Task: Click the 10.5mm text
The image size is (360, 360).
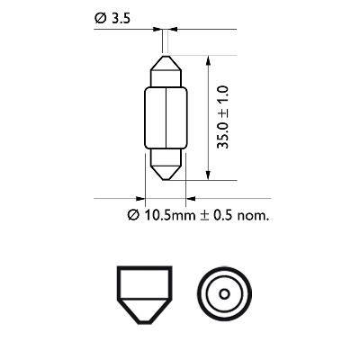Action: click(161, 215)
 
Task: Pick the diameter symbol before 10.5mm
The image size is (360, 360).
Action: click(131, 215)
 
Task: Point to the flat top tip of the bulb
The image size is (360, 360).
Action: click(165, 55)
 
